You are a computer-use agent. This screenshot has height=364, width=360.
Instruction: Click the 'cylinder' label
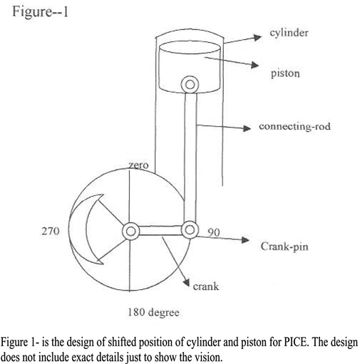pyautogui.click(x=289, y=33)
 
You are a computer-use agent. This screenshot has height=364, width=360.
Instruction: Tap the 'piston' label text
pyautogui.click(x=285, y=73)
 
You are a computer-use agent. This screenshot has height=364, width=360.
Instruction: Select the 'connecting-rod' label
pyautogui.click(x=294, y=126)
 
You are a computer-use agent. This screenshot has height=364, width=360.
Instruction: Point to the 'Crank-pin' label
pyautogui.click(x=284, y=246)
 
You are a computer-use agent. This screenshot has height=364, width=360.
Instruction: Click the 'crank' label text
pyautogui.click(x=206, y=286)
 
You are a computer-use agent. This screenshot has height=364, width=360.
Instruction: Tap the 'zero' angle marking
pyautogui.click(x=138, y=165)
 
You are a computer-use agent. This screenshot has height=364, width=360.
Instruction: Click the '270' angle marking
pyautogui.click(x=51, y=231)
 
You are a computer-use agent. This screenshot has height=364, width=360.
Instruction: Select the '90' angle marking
pyautogui.click(x=214, y=232)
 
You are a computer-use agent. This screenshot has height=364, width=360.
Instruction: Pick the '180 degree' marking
pyautogui.click(x=153, y=313)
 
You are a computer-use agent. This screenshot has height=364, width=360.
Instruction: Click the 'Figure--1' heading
pyautogui.click(x=40, y=11)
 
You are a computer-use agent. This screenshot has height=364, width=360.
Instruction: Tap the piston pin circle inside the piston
pyautogui.click(x=190, y=85)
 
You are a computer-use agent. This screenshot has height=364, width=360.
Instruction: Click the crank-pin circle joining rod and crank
pyautogui.click(x=190, y=230)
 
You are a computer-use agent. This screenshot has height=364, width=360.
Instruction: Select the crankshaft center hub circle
pyautogui.click(x=130, y=231)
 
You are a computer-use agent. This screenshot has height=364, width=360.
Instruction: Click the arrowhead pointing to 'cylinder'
pyautogui.click(x=257, y=38)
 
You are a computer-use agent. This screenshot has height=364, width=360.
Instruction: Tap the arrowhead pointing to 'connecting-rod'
pyautogui.click(x=247, y=128)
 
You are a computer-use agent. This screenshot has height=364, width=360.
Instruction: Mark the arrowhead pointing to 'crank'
pyautogui.click(x=186, y=281)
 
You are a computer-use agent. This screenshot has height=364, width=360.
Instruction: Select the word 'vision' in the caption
pyautogui.click(x=207, y=357)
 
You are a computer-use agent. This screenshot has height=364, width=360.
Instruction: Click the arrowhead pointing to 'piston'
pyautogui.click(x=254, y=65)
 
